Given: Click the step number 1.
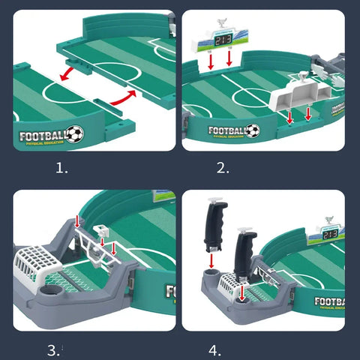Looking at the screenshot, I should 61,169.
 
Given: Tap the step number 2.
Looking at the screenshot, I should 223,169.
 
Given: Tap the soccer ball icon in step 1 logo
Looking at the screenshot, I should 74,134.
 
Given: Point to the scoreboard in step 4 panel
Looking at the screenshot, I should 330,233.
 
